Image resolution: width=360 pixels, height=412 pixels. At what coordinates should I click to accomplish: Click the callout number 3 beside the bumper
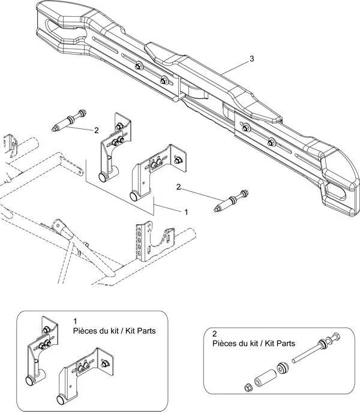[x=252, y=58]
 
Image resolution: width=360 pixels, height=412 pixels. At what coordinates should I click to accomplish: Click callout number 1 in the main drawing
[x=186, y=212]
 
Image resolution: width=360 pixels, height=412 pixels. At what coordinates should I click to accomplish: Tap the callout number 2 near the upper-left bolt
[x=96, y=130]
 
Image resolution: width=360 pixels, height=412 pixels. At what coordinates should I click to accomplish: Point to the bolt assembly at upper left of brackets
[x=71, y=121]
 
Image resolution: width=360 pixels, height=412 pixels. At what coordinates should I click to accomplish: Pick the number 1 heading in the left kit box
[x=75, y=321]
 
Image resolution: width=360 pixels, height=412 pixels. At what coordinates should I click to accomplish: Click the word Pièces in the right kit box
[x=226, y=344]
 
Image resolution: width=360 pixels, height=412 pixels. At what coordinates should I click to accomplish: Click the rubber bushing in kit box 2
[x=281, y=368]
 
